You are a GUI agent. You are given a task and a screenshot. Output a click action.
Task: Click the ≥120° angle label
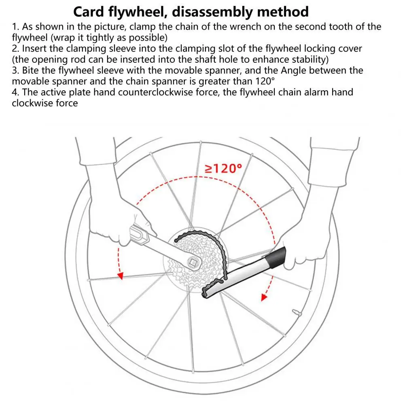click(223, 168)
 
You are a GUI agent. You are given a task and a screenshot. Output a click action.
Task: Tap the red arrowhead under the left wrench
click(120, 276)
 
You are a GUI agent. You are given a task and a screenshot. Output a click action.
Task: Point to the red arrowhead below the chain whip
click(264, 297)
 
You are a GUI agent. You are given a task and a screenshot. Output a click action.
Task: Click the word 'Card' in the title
click(90, 11)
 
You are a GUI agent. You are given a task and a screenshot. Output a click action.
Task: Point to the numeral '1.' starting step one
click(16, 27)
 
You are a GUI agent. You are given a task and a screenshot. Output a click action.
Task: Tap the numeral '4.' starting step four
click(16, 92)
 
